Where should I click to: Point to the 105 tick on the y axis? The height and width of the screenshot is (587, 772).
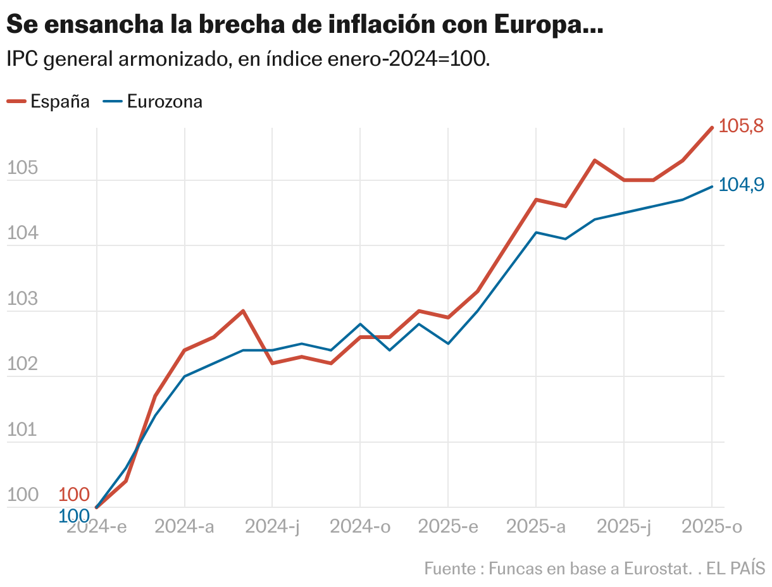click(x=22, y=168)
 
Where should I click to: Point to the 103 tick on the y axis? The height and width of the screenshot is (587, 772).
click(x=22, y=299)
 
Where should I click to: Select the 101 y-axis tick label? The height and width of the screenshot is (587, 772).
click(x=22, y=430)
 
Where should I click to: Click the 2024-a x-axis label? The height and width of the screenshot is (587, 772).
click(x=184, y=526)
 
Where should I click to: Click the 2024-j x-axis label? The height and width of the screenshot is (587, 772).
click(x=272, y=526)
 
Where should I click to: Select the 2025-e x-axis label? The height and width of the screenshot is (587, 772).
click(x=448, y=526)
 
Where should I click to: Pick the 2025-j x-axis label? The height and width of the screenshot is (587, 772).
click(x=624, y=526)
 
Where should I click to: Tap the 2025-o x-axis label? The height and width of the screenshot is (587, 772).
click(x=712, y=526)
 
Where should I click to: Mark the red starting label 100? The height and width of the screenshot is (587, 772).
click(x=74, y=495)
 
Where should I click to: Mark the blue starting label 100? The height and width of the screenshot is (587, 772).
click(x=74, y=516)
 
